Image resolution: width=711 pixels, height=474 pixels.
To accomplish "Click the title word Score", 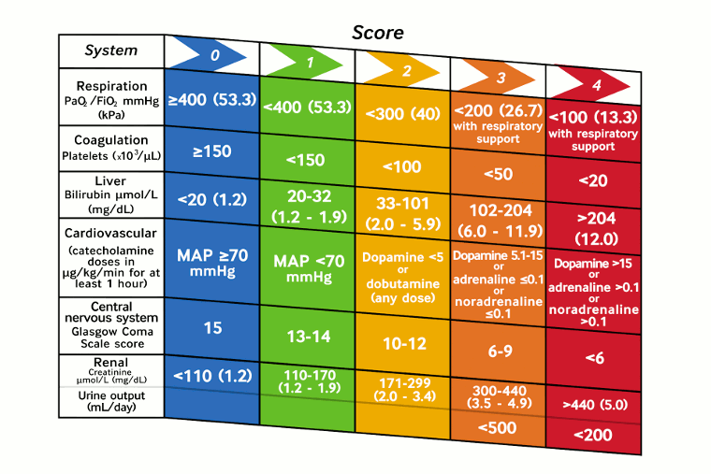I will point(378,33).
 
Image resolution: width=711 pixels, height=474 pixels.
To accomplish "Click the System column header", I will point(110,50).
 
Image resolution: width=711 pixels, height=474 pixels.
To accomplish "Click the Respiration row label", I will point(111,99).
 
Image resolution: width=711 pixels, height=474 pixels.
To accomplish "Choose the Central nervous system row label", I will point(111,324).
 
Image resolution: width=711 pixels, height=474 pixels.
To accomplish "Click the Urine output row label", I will point(111,402).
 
